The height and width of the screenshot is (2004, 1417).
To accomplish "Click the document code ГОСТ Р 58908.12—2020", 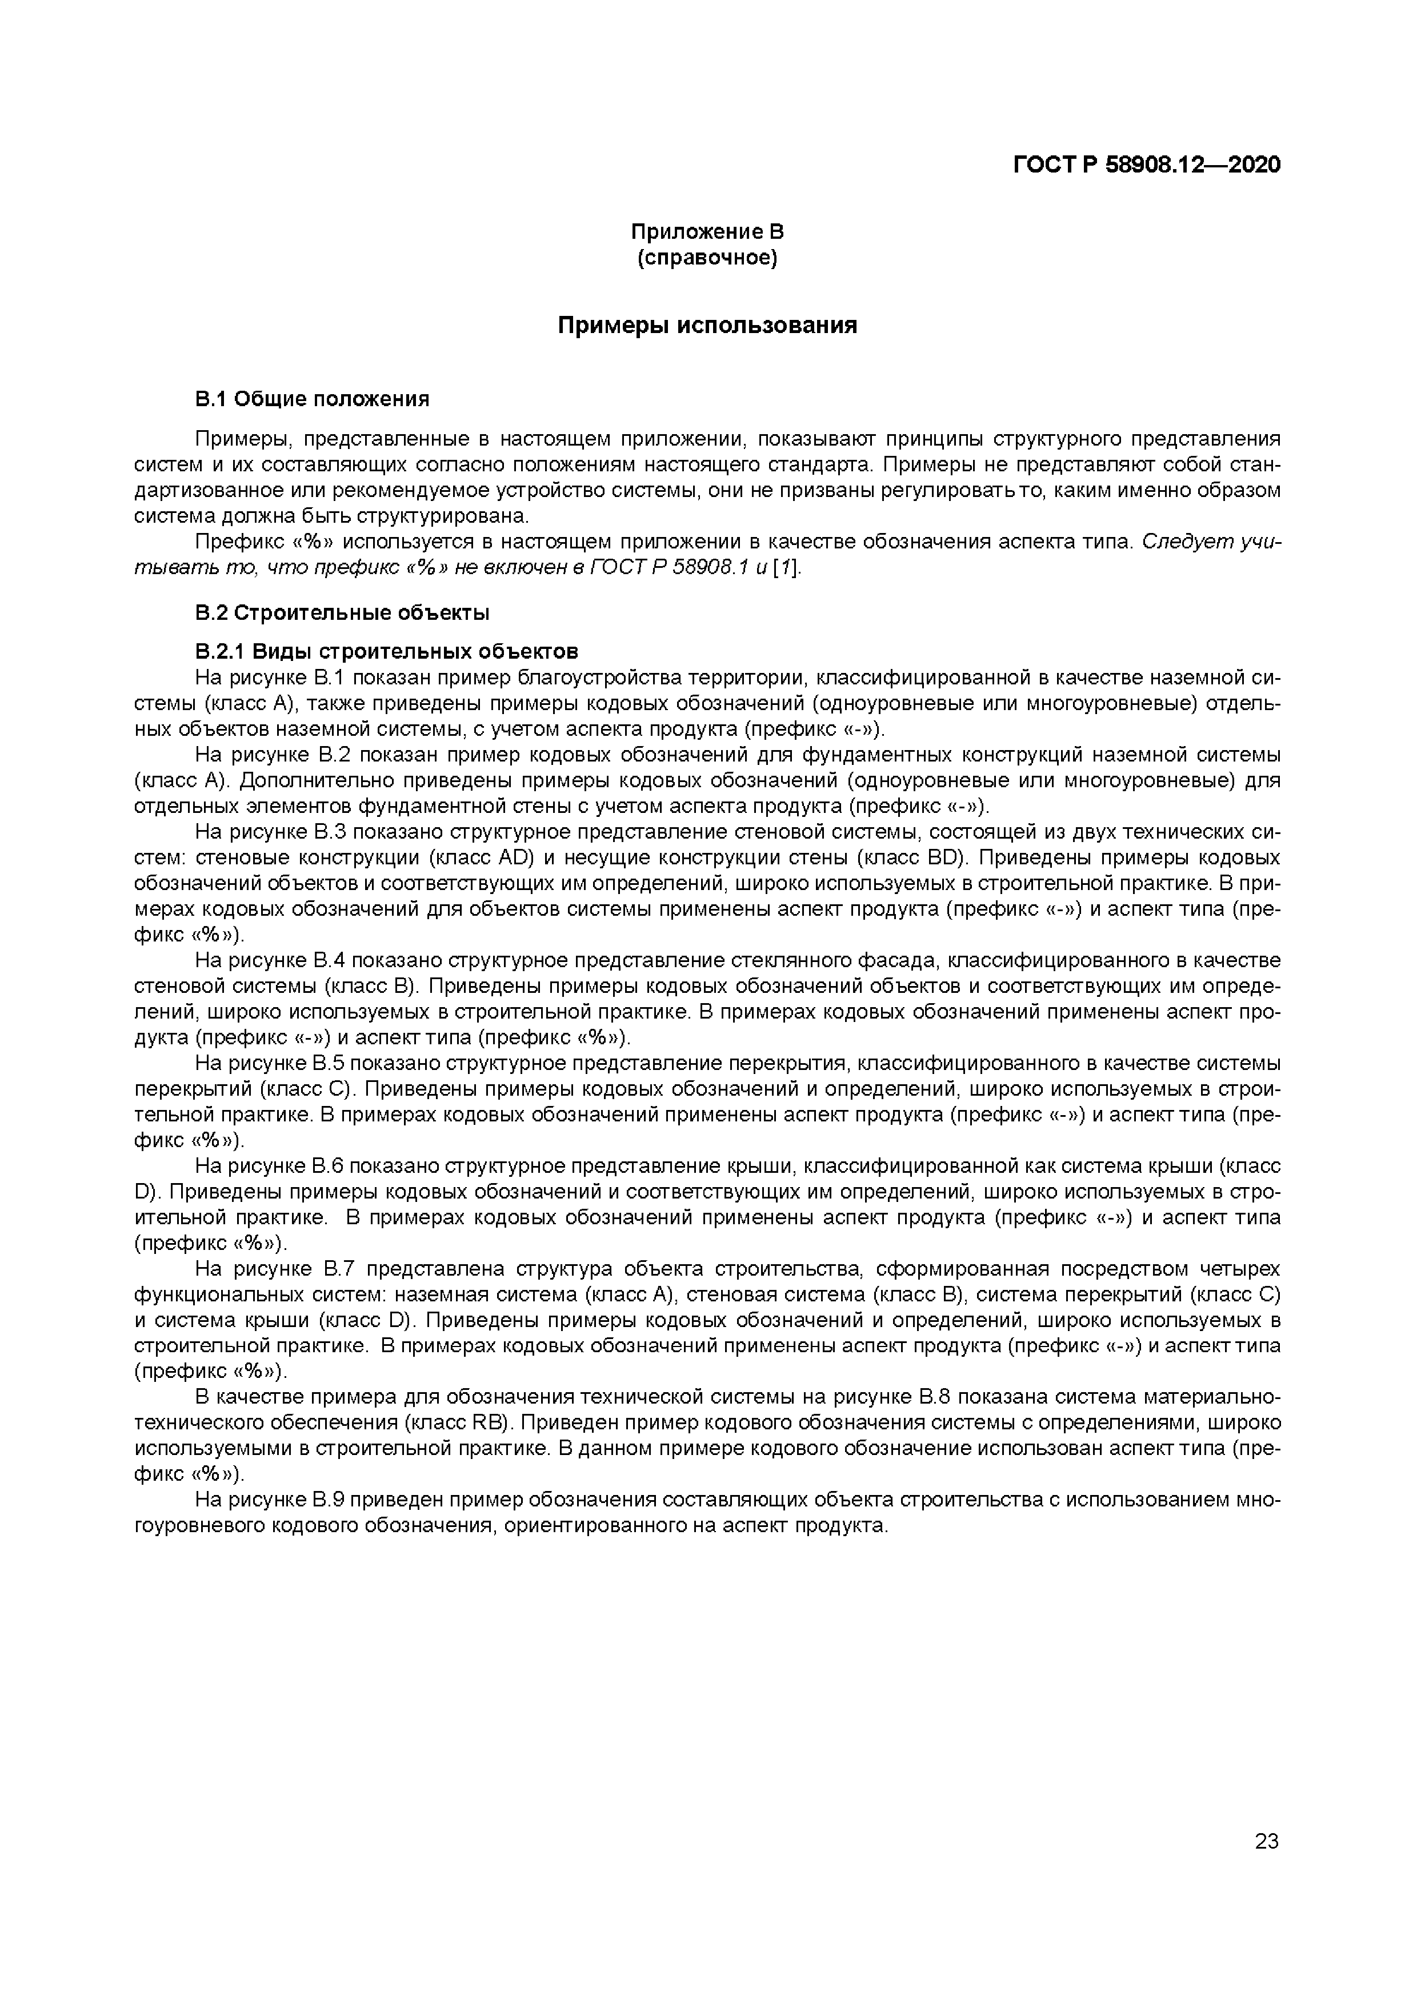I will [1146, 165].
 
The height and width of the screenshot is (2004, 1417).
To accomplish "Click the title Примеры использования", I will [707, 326].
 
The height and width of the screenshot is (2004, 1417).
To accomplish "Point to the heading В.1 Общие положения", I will [312, 400].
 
